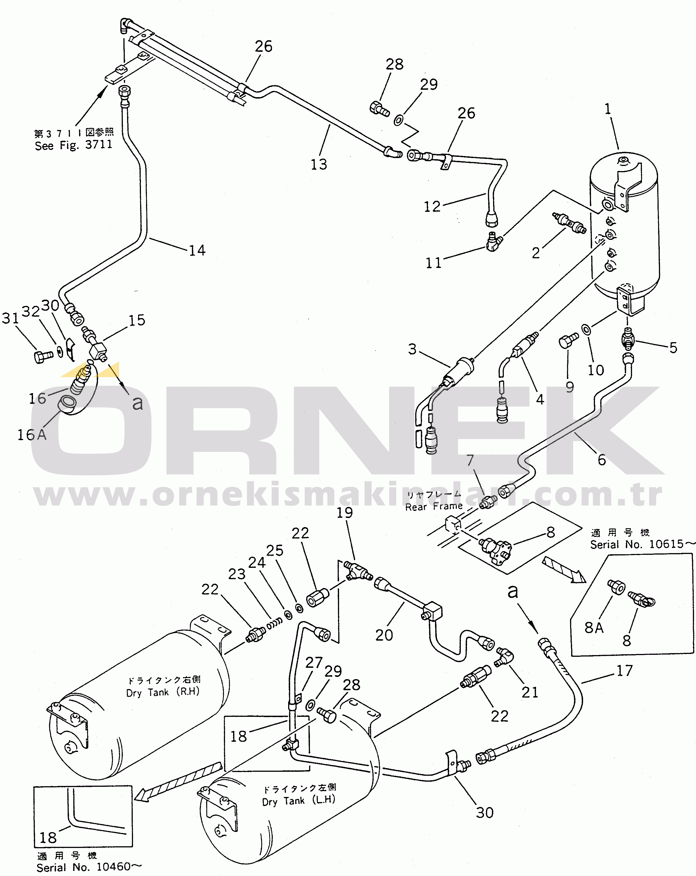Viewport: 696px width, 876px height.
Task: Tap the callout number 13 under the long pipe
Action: pos(319,165)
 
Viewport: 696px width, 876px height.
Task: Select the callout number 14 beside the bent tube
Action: pos(197,250)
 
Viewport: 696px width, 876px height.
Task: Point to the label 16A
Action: pos(32,435)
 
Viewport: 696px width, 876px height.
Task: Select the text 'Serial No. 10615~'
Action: pos(642,544)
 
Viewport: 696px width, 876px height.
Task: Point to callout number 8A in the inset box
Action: pos(594,628)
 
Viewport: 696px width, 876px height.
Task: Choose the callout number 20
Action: pos(384,635)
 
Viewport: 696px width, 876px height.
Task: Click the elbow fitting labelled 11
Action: pos(494,242)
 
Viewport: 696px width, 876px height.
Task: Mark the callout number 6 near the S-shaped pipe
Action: pos(601,460)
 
